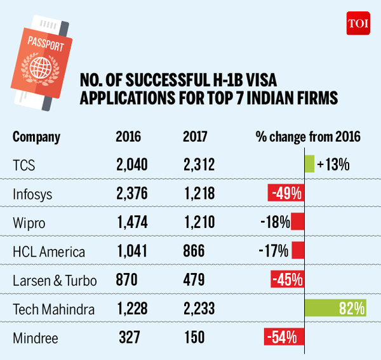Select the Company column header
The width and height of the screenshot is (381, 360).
[37, 137]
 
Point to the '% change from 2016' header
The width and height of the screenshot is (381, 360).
[308, 137]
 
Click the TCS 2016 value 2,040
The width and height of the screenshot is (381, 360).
[131, 164]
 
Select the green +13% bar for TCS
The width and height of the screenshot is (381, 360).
[309, 164]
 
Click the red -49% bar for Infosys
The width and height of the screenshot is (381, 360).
[286, 193]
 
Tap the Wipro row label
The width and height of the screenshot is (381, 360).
[29, 222]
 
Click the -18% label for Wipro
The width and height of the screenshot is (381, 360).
[275, 222]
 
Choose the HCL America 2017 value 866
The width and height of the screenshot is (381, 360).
[194, 251]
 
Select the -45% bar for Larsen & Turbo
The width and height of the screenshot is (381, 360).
[287, 280]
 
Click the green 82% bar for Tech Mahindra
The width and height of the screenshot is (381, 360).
[336, 309]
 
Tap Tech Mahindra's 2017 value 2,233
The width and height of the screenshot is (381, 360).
[199, 309]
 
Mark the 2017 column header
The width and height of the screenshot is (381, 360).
[195, 137]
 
